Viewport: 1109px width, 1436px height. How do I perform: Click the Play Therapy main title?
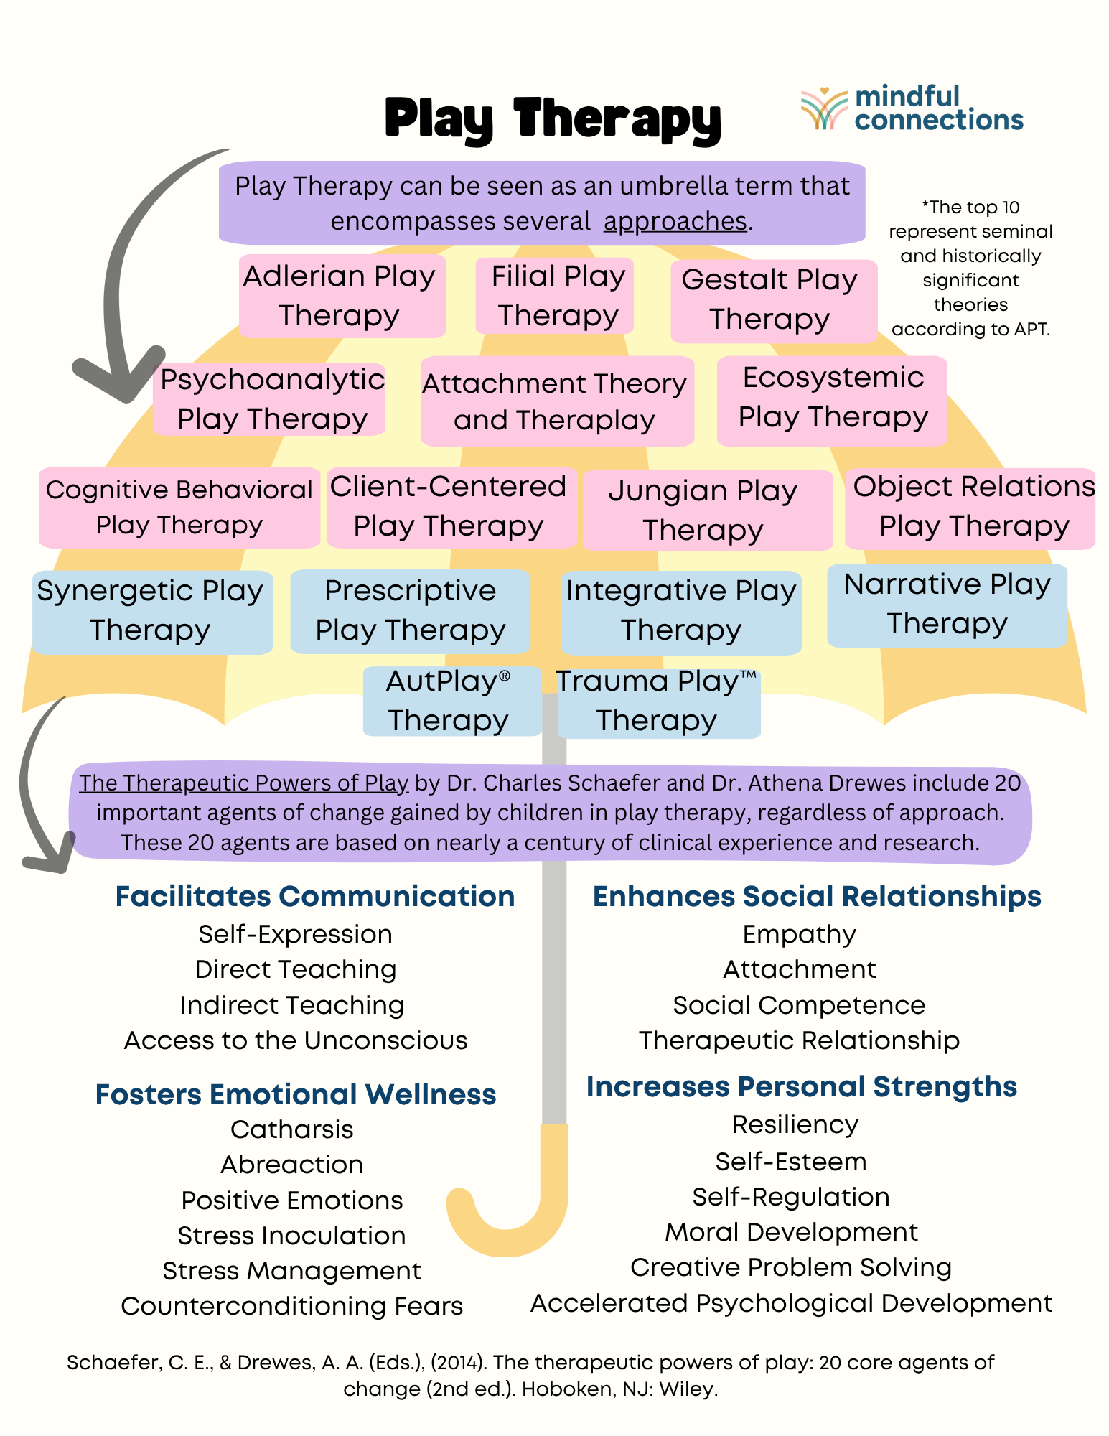(553, 118)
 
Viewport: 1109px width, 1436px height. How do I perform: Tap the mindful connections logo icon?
(824, 108)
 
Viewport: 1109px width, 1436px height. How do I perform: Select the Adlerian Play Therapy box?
(342, 296)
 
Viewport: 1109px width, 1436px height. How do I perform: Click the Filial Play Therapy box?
(554, 296)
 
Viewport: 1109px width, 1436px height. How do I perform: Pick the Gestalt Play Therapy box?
(773, 300)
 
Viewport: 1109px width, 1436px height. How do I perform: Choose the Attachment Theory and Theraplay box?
(557, 401)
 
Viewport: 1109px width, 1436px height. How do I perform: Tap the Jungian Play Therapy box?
(706, 510)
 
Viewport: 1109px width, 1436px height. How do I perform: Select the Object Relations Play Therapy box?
(970, 508)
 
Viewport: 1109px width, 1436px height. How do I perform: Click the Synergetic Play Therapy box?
(152, 611)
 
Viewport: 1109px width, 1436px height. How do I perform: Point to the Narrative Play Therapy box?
(947, 605)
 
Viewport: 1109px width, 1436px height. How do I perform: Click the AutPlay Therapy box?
(451, 701)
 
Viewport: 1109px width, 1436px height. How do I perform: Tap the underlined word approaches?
(675, 222)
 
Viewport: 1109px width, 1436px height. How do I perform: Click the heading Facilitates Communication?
(315, 896)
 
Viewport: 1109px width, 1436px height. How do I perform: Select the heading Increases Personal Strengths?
(801, 1086)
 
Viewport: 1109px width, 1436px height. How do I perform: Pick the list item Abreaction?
(292, 1165)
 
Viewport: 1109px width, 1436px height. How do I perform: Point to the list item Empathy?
(799, 934)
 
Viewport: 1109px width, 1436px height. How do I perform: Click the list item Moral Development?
(791, 1232)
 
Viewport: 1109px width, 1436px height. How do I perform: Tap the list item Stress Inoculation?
(291, 1236)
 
